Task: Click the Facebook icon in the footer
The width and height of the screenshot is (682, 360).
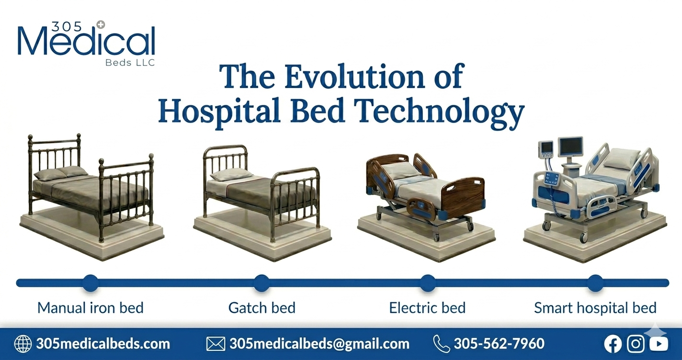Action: [613, 344]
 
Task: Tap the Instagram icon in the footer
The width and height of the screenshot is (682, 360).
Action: [636, 344]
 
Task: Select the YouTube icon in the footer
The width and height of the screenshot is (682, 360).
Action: [659, 344]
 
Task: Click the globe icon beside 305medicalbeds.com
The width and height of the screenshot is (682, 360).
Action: [23, 344]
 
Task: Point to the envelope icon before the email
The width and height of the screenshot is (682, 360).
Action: [216, 344]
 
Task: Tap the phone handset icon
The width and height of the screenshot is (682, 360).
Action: [441, 344]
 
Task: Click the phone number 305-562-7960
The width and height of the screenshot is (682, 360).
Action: [499, 344]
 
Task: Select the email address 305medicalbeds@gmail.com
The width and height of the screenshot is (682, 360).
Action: [319, 344]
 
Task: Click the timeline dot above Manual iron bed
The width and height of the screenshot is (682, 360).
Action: [90, 283]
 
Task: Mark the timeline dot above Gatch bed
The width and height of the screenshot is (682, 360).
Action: [261, 283]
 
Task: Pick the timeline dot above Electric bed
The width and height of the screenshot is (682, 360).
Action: [427, 283]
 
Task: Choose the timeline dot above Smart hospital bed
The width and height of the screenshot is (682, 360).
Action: [595, 283]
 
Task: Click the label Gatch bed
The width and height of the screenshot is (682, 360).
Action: [261, 307]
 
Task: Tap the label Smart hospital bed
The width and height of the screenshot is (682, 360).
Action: [595, 307]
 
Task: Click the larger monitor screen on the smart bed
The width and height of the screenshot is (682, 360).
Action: [571, 146]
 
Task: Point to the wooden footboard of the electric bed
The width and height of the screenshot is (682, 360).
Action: [462, 194]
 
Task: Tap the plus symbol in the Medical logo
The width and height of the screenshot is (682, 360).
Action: [100, 24]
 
